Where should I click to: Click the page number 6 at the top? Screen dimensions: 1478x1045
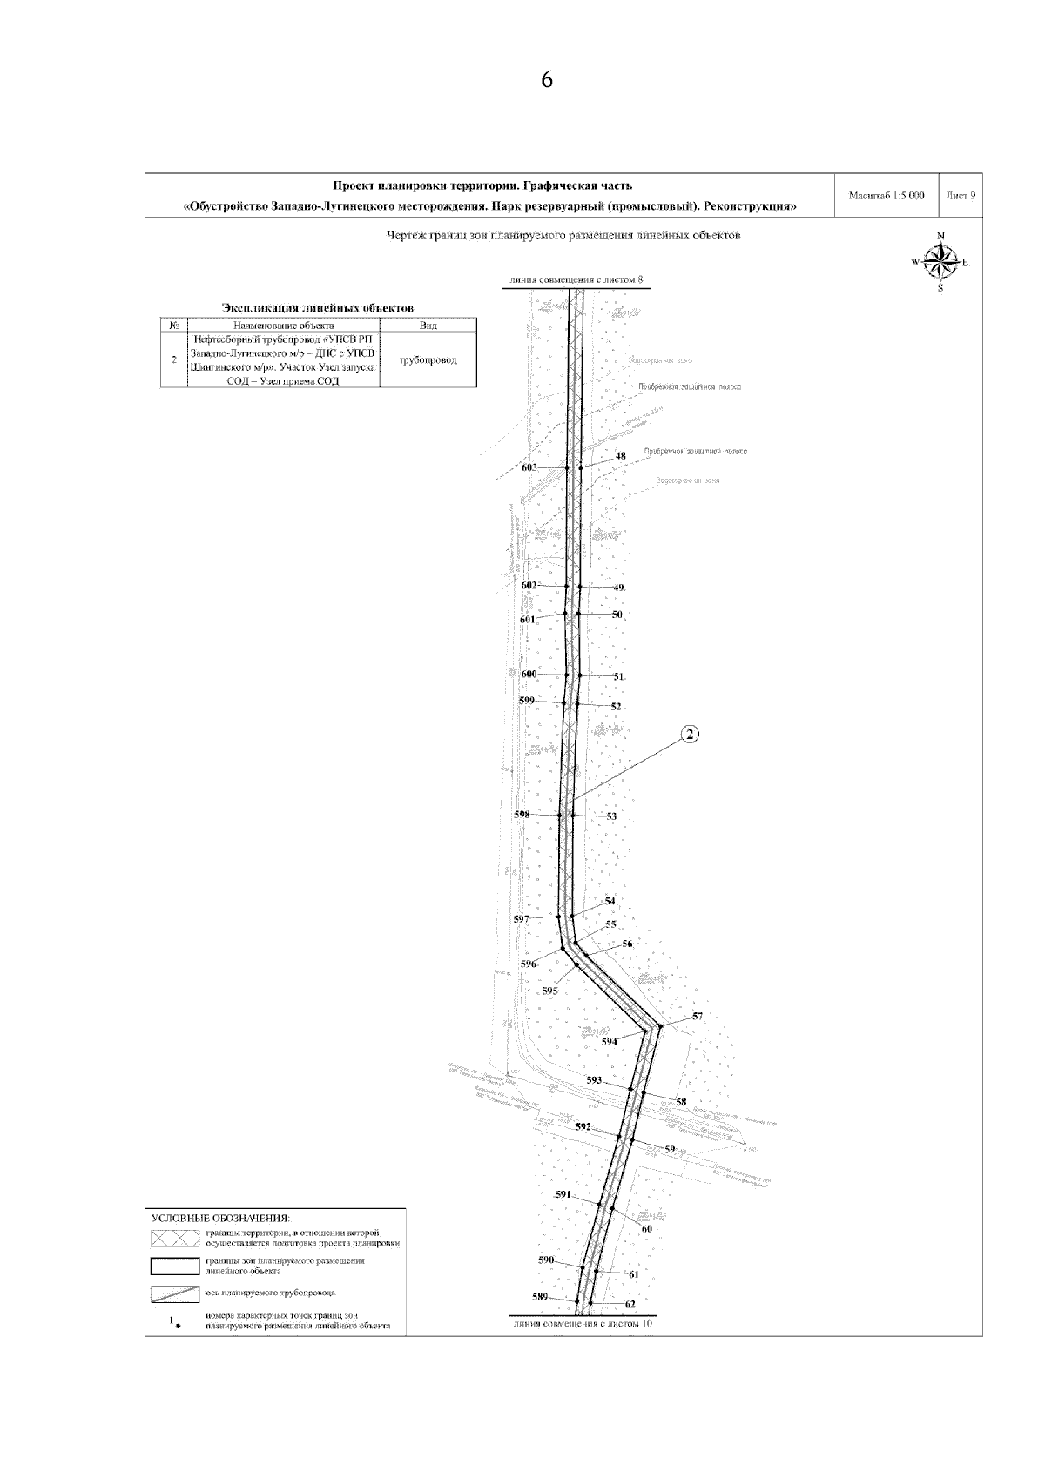547,80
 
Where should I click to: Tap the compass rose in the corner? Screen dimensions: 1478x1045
940,261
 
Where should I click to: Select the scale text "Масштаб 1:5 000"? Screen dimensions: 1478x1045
886,197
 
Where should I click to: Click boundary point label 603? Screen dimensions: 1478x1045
529,467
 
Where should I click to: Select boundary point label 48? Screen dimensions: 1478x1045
621,456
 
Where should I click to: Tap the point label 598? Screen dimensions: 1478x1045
522,815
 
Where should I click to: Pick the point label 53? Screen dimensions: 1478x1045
611,816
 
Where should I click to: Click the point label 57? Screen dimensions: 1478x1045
698,1017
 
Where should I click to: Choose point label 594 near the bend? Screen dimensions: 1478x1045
610,1041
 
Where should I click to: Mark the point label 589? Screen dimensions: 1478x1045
540,1297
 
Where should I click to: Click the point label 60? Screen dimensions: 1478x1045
646,1229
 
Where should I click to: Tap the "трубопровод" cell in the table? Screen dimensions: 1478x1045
428,359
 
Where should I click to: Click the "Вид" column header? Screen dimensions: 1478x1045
428,326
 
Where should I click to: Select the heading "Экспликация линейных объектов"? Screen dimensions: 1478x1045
318,307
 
